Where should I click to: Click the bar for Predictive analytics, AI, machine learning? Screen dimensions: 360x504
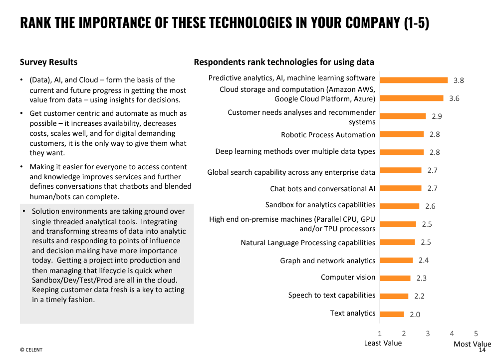(414, 80)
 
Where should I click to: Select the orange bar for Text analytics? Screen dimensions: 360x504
(392, 314)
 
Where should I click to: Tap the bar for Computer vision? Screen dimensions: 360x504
(395, 278)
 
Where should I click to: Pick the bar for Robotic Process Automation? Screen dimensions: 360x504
(402, 134)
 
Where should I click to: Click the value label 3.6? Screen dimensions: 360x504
(454, 98)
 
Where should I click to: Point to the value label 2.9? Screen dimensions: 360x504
(437, 116)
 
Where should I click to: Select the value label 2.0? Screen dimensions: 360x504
(415, 315)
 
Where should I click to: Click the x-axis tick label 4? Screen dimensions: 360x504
(452, 334)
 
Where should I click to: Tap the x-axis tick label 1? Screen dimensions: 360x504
(380, 334)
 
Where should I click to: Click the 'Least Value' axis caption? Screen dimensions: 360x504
(383, 343)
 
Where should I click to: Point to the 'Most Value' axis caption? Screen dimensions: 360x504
(472, 344)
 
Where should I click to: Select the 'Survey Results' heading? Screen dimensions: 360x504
(48, 62)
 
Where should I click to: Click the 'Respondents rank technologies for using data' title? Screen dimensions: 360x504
(284, 62)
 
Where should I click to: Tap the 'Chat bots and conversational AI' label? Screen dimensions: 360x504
(322, 189)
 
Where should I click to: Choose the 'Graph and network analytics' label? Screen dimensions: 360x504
(327, 261)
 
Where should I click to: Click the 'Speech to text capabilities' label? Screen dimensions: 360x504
(331, 295)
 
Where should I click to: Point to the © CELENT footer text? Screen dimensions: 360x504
(31, 350)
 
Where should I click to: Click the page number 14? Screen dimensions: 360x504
(482, 350)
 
